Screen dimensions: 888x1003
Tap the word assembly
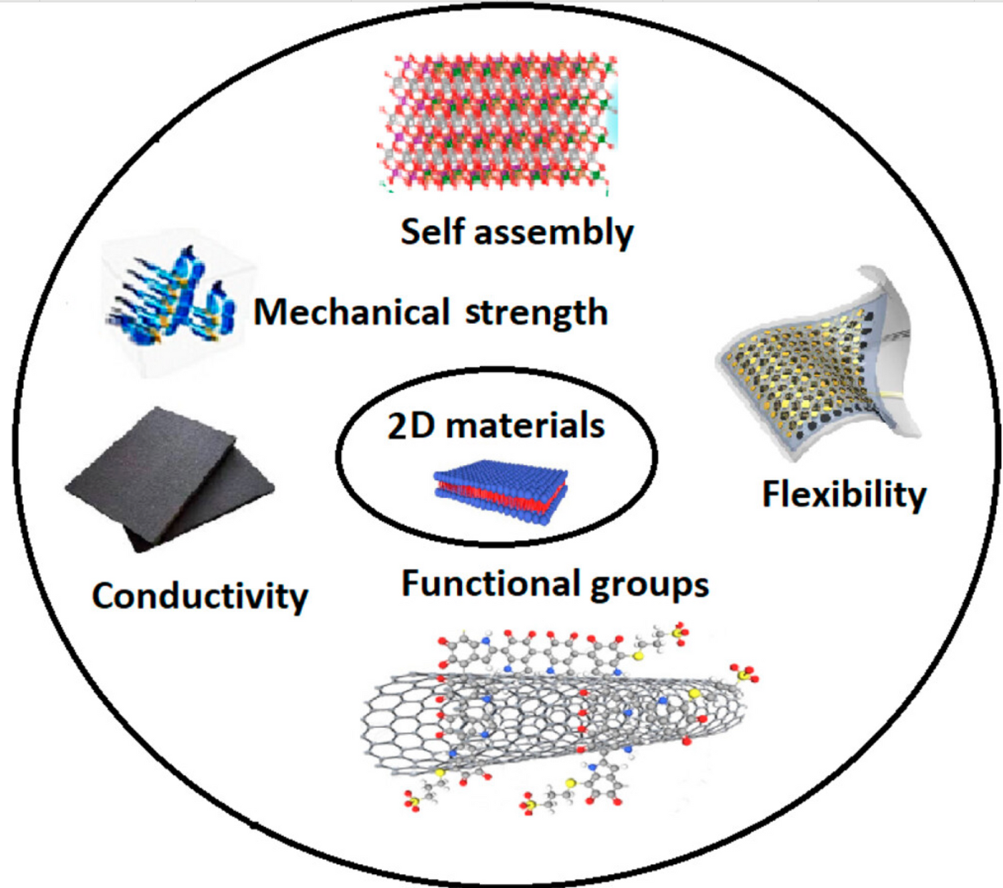click(554, 233)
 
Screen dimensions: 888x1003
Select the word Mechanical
click(351, 312)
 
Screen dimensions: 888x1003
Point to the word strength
click(536, 313)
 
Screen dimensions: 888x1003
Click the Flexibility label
click(844, 495)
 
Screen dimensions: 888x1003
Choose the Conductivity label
click(200, 596)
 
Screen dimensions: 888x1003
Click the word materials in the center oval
click(525, 426)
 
